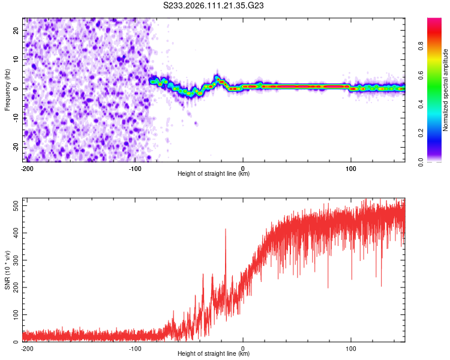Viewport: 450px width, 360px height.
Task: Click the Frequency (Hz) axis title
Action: (7, 88)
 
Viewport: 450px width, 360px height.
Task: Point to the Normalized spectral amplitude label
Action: (445, 90)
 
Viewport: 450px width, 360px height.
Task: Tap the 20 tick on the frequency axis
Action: (17, 30)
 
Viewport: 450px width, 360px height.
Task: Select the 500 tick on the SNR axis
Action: (14, 206)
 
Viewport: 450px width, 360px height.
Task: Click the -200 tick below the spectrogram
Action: (26, 167)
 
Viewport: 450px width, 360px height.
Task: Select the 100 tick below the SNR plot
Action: (351, 347)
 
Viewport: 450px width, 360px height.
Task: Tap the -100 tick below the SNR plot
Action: (135, 347)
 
